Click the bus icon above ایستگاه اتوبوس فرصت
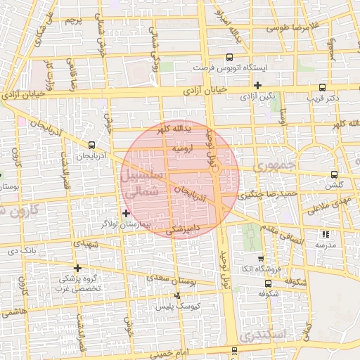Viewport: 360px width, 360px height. point(229,58)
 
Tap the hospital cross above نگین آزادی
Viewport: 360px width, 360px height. point(258,86)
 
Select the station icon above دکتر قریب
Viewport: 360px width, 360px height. point(322,88)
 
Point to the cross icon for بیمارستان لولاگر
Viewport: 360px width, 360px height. point(126,213)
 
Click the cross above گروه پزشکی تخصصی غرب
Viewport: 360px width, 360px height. point(77,268)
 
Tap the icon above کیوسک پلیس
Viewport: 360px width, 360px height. point(177,296)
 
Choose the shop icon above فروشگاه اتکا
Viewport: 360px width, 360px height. point(261,259)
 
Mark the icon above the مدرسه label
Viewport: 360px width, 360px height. point(325,234)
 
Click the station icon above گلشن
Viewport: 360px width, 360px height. point(334,175)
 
